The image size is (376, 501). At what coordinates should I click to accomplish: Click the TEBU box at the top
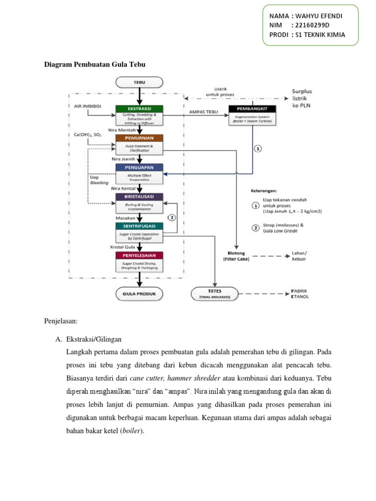pyautogui.click(x=140, y=82)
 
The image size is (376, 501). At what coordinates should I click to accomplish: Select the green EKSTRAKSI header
pyautogui.click(x=140, y=109)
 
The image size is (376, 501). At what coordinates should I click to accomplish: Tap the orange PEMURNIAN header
pyautogui.click(x=140, y=138)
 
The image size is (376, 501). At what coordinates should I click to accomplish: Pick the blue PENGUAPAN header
pyautogui.click(x=140, y=167)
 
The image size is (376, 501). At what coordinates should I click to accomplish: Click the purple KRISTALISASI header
pyautogui.click(x=140, y=196)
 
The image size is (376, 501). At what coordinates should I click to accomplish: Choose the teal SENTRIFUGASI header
pyautogui.click(x=140, y=226)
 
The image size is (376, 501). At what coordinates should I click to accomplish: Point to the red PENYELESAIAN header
pyautogui.click(x=140, y=255)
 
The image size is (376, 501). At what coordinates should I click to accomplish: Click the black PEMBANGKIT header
pyautogui.click(x=252, y=109)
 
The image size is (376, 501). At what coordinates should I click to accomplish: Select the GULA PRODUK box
pyautogui.click(x=140, y=294)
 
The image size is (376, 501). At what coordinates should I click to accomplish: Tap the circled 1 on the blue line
pyautogui.click(x=258, y=149)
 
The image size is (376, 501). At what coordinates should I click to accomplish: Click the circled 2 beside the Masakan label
pyautogui.click(x=172, y=217)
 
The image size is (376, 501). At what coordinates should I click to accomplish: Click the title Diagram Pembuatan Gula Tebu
pyautogui.click(x=95, y=64)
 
